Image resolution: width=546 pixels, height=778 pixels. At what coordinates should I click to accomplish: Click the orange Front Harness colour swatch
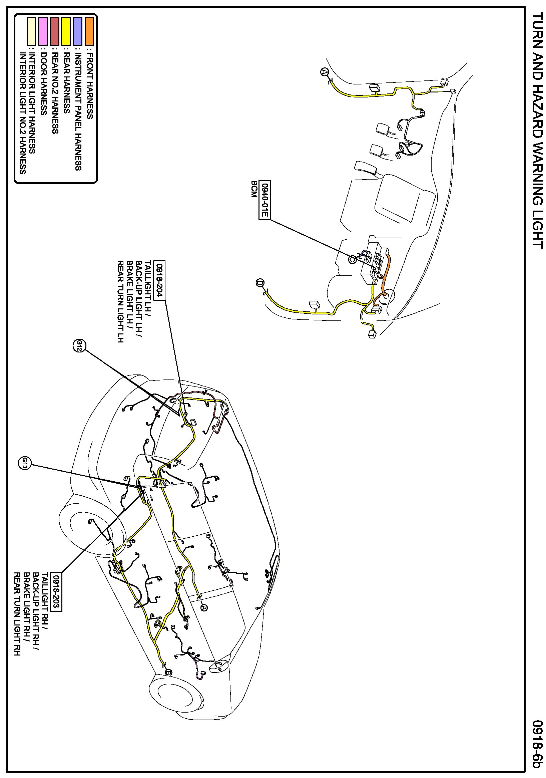89,31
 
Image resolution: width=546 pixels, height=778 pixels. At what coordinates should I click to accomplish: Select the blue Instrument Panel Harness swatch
78,31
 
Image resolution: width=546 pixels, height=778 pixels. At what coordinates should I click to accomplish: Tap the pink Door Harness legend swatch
43,31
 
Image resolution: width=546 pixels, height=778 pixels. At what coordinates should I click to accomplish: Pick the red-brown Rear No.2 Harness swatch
54,31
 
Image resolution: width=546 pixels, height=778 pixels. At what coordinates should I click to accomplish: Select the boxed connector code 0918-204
159,280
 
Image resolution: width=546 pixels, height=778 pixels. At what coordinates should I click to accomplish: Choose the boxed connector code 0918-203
56,592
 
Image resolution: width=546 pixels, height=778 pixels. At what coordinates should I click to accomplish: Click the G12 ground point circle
79,346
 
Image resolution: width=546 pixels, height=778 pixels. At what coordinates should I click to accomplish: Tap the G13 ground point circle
24,463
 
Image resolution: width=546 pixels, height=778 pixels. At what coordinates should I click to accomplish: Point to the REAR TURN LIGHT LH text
120,301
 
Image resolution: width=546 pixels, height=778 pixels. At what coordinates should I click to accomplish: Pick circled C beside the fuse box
352,259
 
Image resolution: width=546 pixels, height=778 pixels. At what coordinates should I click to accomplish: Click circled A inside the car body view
204,608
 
